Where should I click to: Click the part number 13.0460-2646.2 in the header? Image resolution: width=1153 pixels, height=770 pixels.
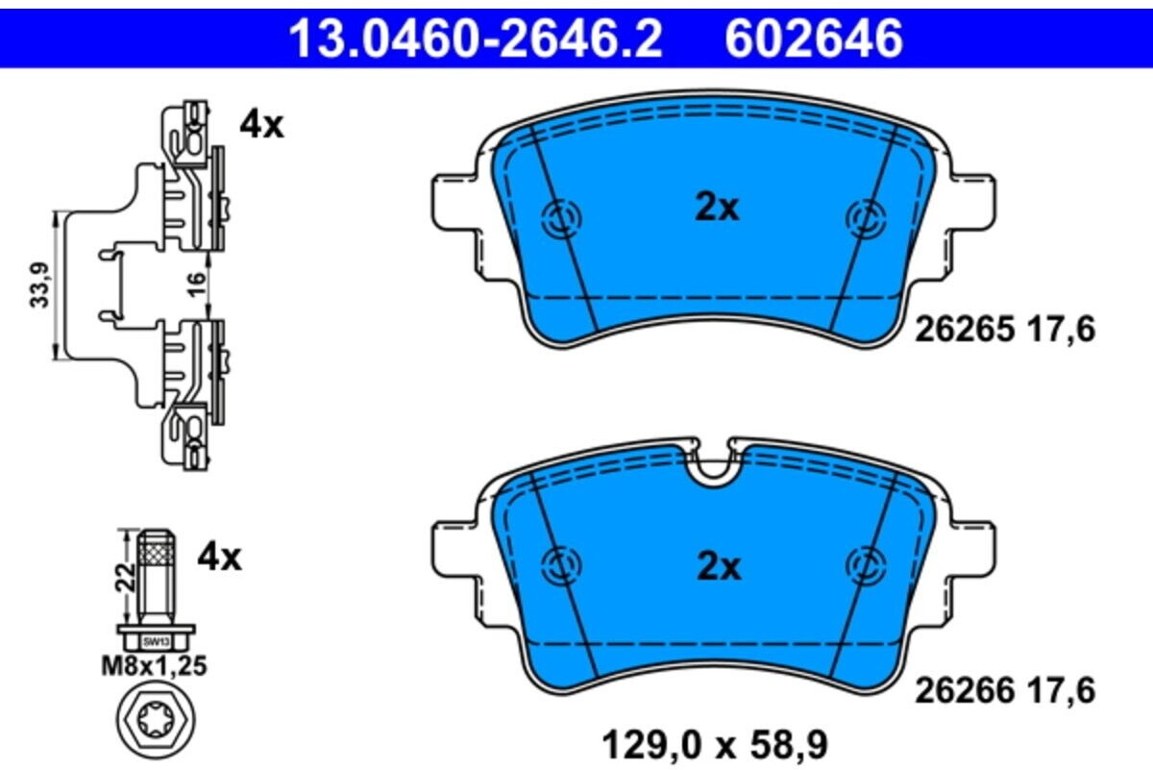[476, 38]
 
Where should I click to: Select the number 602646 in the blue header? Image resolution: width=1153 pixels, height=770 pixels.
[815, 38]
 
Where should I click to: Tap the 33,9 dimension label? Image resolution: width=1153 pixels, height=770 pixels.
[39, 286]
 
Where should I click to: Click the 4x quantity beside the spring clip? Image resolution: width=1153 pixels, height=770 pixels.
[261, 125]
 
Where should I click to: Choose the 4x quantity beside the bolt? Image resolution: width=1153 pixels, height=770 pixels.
[219, 556]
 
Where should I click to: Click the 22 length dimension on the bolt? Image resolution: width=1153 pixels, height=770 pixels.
[122, 578]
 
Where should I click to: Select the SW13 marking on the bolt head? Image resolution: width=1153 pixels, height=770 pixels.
[155, 639]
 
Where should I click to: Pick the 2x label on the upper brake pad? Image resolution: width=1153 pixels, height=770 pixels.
[717, 208]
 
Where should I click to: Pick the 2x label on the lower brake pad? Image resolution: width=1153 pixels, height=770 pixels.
[719, 567]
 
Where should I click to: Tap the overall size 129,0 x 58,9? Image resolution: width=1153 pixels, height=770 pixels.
[714, 743]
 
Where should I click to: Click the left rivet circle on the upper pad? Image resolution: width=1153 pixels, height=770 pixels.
[561, 219]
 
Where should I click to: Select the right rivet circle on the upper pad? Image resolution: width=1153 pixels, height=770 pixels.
[866, 218]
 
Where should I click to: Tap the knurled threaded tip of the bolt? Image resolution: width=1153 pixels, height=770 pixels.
[155, 551]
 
